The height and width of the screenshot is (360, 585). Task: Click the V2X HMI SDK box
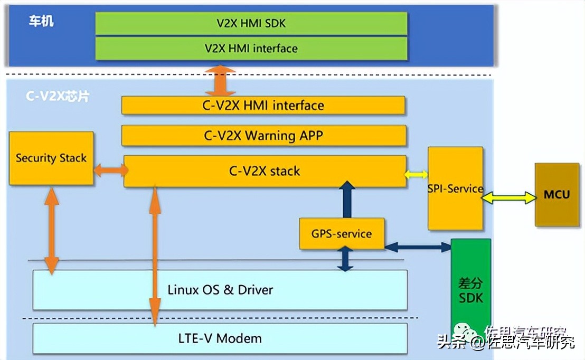(x=251, y=23)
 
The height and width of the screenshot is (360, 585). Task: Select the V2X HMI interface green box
(x=251, y=48)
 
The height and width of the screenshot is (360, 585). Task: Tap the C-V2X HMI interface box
(x=263, y=106)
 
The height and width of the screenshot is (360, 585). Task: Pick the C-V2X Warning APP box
(x=263, y=136)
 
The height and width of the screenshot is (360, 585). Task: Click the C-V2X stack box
(x=265, y=171)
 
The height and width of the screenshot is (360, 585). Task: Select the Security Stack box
(x=51, y=158)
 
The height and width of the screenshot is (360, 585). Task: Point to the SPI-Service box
(x=455, y=188)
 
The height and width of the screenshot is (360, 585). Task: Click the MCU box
(x=556, y=195)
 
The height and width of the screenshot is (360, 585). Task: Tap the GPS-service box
(x=341, y=234)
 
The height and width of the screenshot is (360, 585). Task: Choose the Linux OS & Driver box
(x=220, y=290)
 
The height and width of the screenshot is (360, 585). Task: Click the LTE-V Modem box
(x=220, y=338)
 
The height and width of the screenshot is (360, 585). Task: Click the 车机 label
(x=41, y=22)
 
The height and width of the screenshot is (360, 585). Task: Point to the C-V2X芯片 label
(x=58, y=97)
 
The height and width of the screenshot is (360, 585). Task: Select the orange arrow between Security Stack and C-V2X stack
(x=110, y=170)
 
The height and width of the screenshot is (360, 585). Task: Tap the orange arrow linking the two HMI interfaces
(x=220, y=81)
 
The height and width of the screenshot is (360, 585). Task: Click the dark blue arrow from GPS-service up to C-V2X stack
(x=347, y=199)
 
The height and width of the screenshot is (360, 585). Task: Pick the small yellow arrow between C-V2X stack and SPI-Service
(x=417, y=174)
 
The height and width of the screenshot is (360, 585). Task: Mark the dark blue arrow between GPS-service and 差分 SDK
(x=417, y=247)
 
